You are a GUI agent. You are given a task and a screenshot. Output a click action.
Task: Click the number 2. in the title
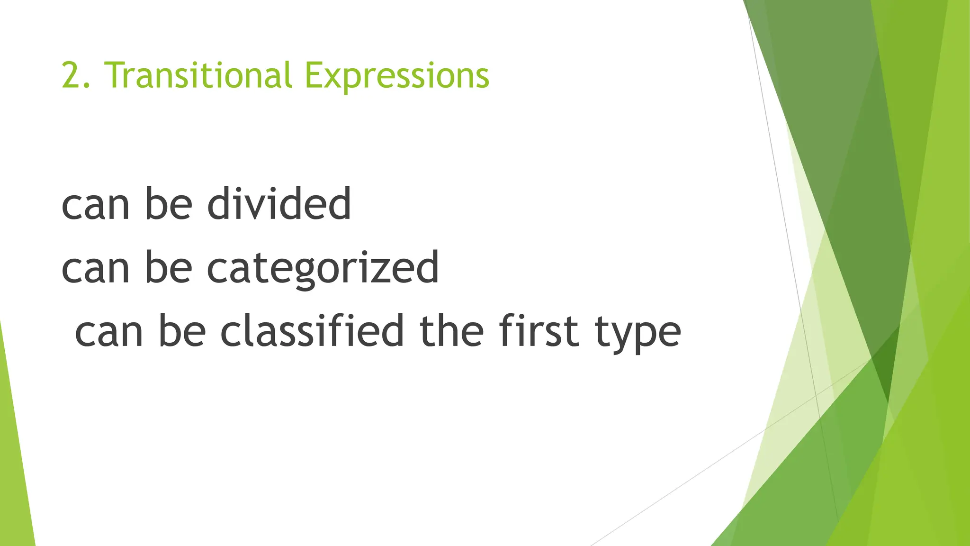[75, 76]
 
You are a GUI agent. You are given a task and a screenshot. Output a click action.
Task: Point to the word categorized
[323, 269]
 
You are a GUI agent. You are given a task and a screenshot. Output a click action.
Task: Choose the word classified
[312, 331]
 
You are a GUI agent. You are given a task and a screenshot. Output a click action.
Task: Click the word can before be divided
[95, 205]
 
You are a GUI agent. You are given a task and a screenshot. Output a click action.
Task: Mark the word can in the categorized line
[95, 269]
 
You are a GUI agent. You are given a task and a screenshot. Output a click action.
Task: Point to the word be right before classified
[182, 331]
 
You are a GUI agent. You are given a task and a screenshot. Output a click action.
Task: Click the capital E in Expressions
[313, 75]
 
